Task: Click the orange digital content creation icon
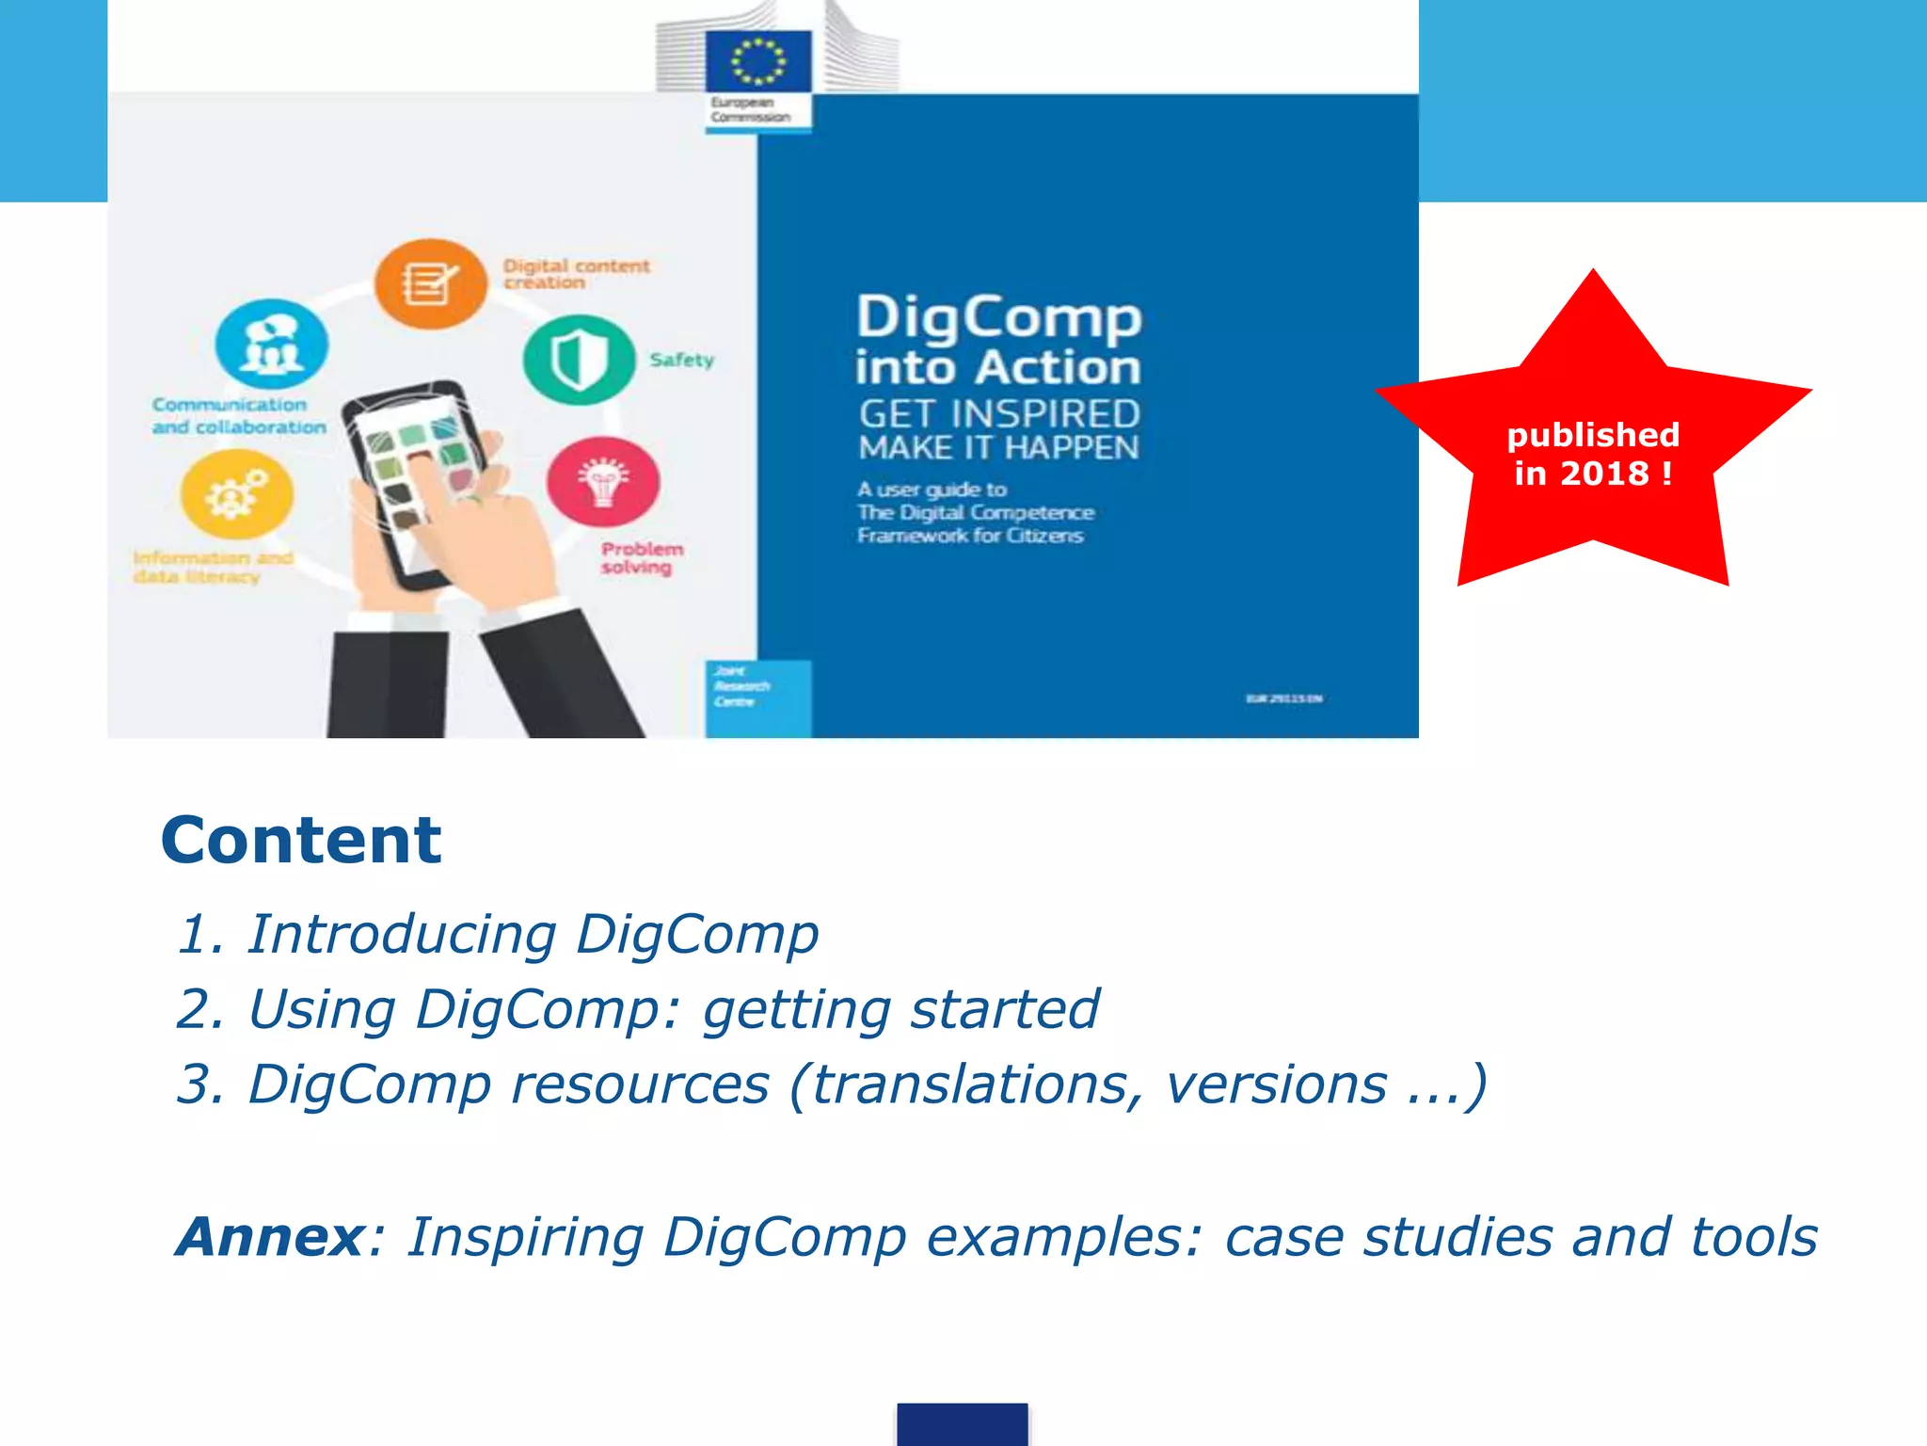pos(430,283)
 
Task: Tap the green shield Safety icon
pos(578,361)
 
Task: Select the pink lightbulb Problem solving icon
pos(603,481)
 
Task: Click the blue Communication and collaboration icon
pos(271,345)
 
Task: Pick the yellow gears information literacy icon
pos(236,494)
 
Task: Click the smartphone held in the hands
pos(414,480)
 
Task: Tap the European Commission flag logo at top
pos(758,62)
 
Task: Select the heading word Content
pos(301,840)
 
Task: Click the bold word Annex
pos(271,1236)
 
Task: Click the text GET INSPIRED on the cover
pos(998,414)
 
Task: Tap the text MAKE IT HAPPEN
pos(998,448)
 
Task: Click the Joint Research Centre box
pos(757,698)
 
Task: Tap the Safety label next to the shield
pos(682,360)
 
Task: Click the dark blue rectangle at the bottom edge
pos(962,1423)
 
